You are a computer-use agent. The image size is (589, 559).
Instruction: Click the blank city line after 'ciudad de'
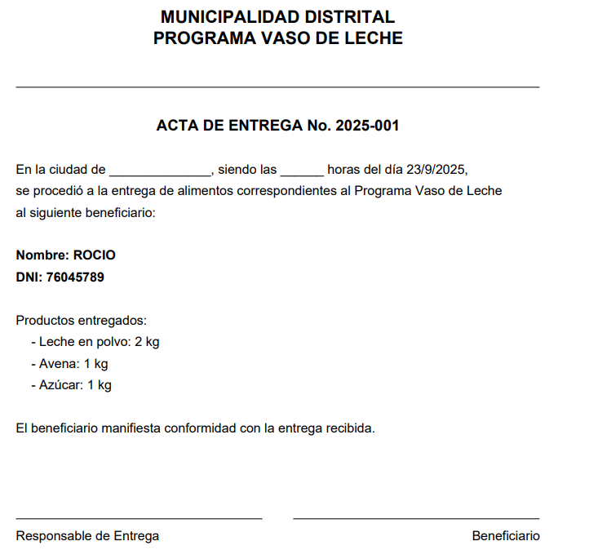pos(160,173)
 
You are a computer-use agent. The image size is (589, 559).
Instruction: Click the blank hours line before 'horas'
pos(302,173)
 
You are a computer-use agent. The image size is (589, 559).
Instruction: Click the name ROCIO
pos(95,255)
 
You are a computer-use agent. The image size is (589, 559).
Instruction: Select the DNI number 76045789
pos(75,277)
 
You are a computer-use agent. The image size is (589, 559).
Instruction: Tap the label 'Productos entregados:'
pos(82,321)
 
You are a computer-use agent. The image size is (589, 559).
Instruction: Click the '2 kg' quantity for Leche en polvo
pos(147,342)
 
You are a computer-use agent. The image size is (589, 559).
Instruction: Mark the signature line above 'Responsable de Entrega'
pos(139,518)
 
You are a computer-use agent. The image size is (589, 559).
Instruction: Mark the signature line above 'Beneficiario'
pos(416,518)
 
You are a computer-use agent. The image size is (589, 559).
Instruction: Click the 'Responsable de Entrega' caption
pos(87,536)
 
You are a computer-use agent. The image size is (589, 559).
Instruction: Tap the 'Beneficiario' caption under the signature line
pos(506,536)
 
